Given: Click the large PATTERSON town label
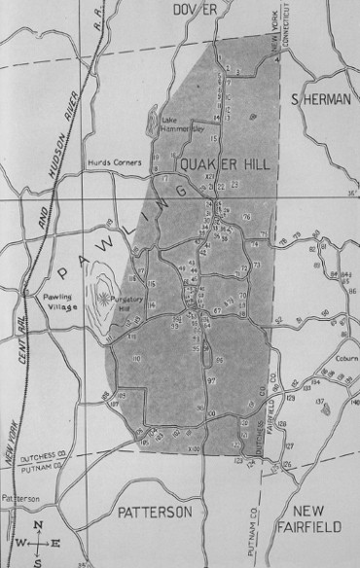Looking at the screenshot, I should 155,511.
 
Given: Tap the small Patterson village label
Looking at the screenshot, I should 20,499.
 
